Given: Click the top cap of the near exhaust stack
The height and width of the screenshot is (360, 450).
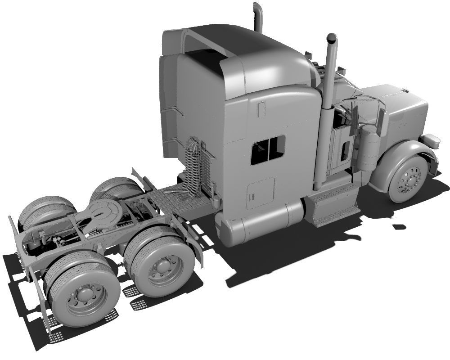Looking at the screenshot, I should coord(332,38).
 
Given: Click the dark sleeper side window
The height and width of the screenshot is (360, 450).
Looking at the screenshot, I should coord(268,149).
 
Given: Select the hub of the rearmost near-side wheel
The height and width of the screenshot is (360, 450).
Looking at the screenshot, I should coord(84,297).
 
